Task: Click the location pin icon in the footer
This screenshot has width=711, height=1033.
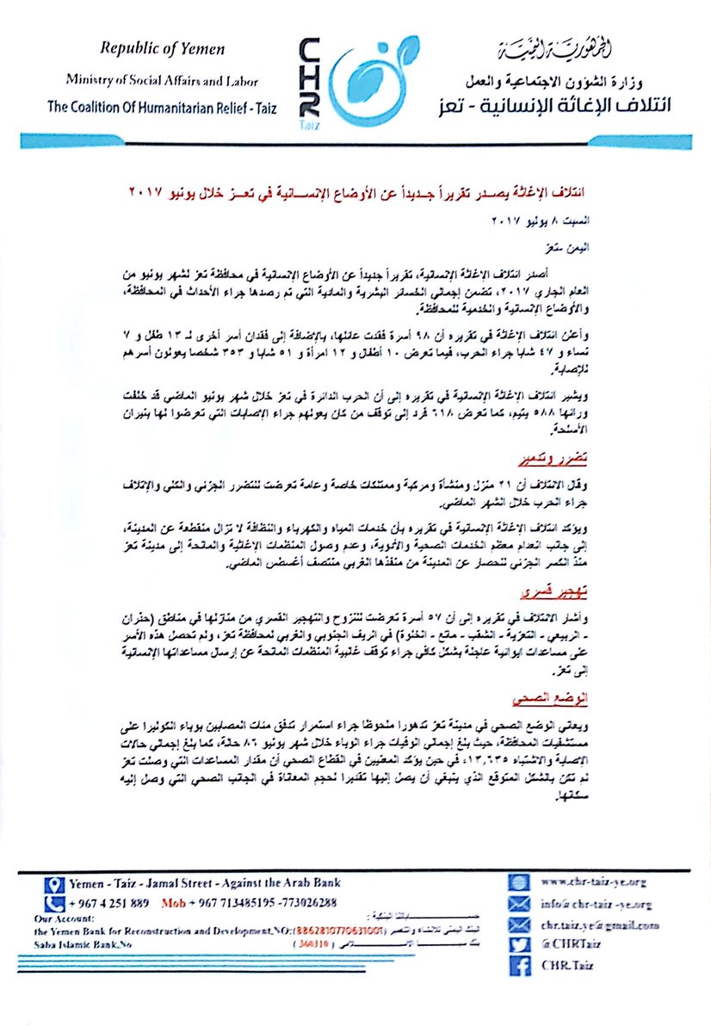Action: click(x=55, y=883)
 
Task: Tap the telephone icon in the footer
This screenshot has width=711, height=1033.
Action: click(x=55, y=903)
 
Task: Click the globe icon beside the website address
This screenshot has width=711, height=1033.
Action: click(x=517, y=883)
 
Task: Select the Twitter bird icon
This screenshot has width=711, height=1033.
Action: click(x=517, y=945)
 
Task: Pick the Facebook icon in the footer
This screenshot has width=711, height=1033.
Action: click(x=517, y=966)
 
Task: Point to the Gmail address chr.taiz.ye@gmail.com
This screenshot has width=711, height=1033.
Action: click(x=599, y=925)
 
